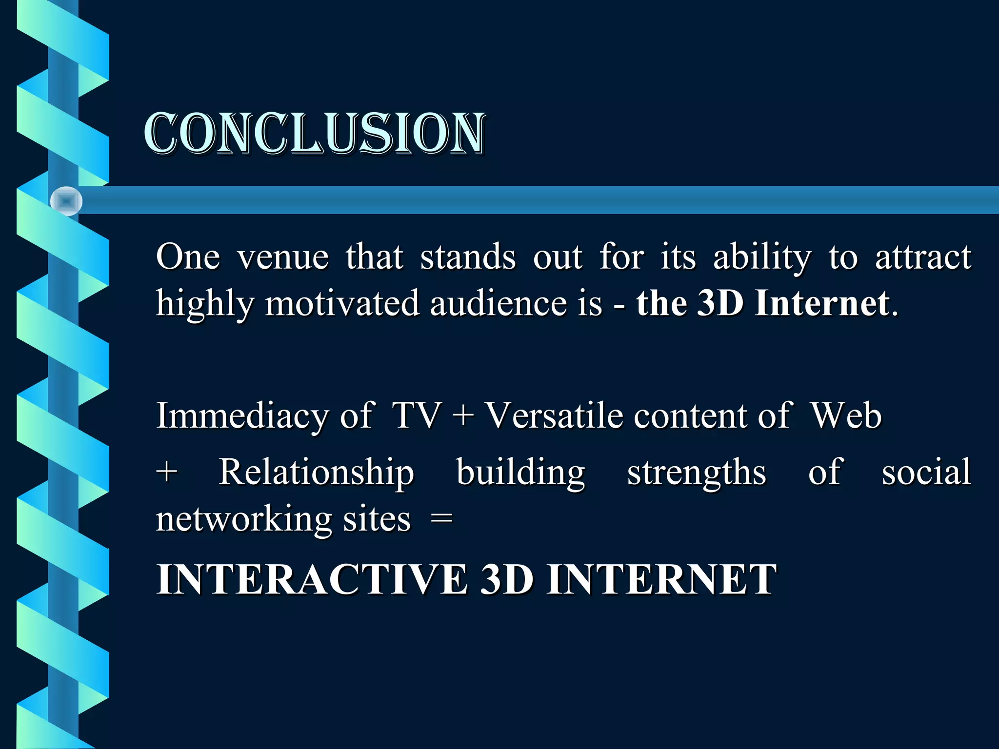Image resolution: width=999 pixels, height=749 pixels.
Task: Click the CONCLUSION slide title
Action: click(315, 134)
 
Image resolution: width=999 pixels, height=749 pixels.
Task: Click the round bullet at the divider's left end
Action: click(66, 201)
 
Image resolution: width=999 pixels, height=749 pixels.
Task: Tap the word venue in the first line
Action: click(283, 257)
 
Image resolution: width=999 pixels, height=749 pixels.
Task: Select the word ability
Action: click(762, 257)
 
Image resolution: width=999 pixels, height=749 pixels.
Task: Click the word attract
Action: click(923, 257)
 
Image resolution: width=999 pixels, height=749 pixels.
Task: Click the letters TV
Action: click(417, 416)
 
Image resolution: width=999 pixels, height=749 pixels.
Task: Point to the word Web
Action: click(846, 416)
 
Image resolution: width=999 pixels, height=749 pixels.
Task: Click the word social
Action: click(926, 472)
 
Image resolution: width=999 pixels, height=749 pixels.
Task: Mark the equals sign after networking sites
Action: click(442, 519)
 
